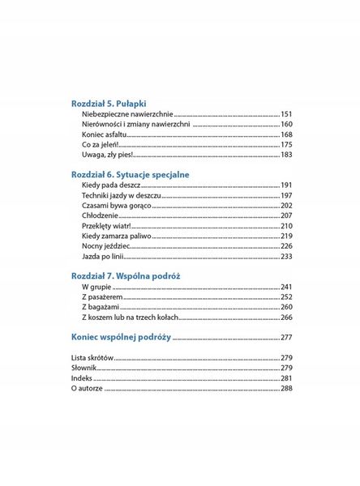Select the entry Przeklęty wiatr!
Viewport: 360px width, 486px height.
point(108,226)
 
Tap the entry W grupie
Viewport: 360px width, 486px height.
point(95,288)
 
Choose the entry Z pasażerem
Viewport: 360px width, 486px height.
point(102,297)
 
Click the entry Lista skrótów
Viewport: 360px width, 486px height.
point(92,358)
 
